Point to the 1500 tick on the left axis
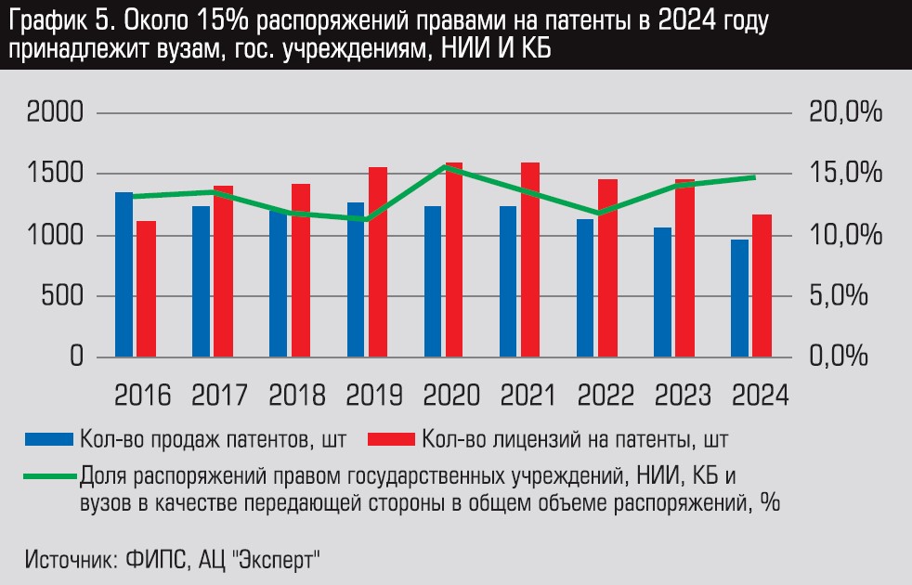point(57,175)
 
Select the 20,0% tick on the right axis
point(844,114)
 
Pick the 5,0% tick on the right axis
point(844,297)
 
